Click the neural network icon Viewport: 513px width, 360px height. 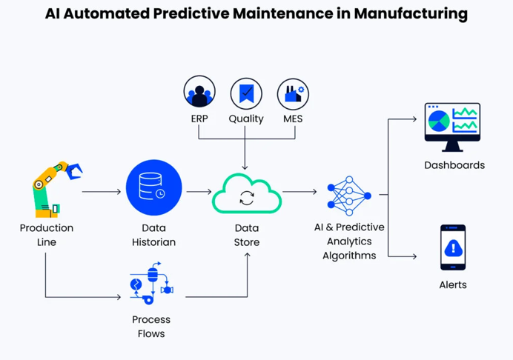(348, 196)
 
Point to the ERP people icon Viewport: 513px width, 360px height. (199, 93)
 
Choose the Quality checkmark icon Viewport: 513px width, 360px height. (246, 93)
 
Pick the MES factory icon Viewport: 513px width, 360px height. (293, 93)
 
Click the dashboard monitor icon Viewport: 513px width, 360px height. (452, 127)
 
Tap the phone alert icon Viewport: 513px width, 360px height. (453, 247)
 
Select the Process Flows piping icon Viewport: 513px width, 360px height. (151, 283)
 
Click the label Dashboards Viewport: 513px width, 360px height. (454, 164)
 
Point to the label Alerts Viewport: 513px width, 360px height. (453, 284)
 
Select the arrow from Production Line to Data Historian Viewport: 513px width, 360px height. (102, 192)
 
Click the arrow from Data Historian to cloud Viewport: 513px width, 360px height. (199, 192)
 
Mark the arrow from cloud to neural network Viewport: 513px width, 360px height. (299, 192)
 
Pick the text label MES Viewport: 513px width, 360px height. (292, 119)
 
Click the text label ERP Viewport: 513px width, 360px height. (199, 119)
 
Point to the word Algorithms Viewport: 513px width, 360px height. (349, 256)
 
